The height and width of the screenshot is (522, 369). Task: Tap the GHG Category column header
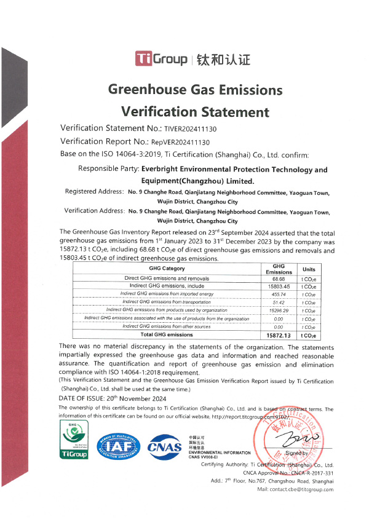(167, 269)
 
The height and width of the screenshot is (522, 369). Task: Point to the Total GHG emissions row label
(167, 335)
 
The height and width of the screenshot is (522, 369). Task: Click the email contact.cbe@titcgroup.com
(295, 489)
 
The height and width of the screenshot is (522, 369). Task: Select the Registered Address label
(94, 192)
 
